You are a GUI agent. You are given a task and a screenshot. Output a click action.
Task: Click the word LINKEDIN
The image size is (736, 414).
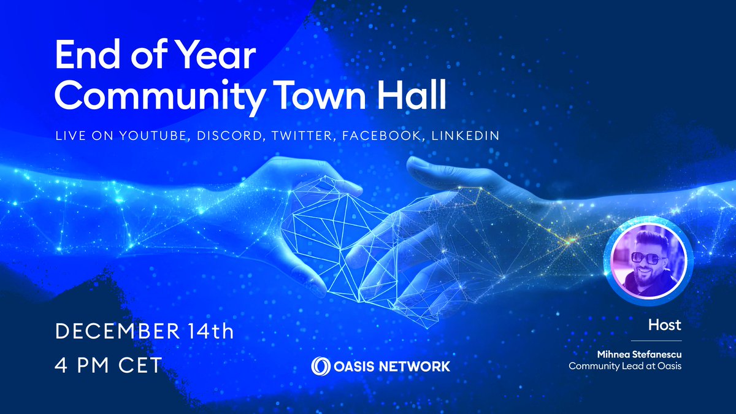coord(466,135)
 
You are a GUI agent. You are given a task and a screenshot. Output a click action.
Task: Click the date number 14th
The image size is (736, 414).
coord(208,333)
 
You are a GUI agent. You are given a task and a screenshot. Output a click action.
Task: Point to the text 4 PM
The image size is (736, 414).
coord(84,366)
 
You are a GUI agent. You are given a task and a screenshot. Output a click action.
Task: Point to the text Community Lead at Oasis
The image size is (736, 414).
coord(625,367)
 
